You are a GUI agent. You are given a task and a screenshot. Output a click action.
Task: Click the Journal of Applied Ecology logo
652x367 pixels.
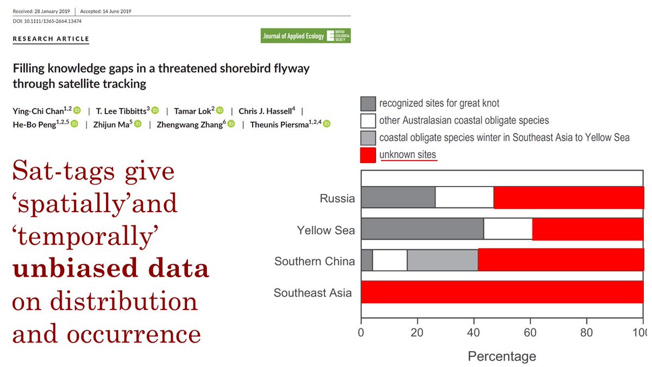click(x=305, y=36)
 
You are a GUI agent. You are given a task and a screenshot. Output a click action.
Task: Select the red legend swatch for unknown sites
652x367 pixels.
click(x=368, y=155)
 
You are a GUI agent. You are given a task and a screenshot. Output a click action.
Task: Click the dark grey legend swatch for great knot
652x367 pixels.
click(x=368, y=103)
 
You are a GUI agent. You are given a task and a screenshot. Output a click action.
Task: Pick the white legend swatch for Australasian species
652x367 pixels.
click(x=368, y=121)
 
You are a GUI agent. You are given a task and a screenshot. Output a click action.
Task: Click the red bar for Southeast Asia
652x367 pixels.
click(x=502, y=293)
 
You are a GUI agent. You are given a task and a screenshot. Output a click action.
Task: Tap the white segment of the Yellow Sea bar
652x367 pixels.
click(x=507, y=229)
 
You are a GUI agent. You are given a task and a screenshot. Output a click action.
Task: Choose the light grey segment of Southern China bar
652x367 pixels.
click(x=442, y=261)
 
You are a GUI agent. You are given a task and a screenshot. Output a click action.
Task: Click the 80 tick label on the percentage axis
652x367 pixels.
click(x=586, y=332)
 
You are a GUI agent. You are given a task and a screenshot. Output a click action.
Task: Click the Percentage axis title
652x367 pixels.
click(x=501, y=356)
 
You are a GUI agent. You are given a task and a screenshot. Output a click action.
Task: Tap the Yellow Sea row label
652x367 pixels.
click(x=325, y=230)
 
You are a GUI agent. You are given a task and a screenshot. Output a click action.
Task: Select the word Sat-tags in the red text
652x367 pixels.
click(x=59, y=172)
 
